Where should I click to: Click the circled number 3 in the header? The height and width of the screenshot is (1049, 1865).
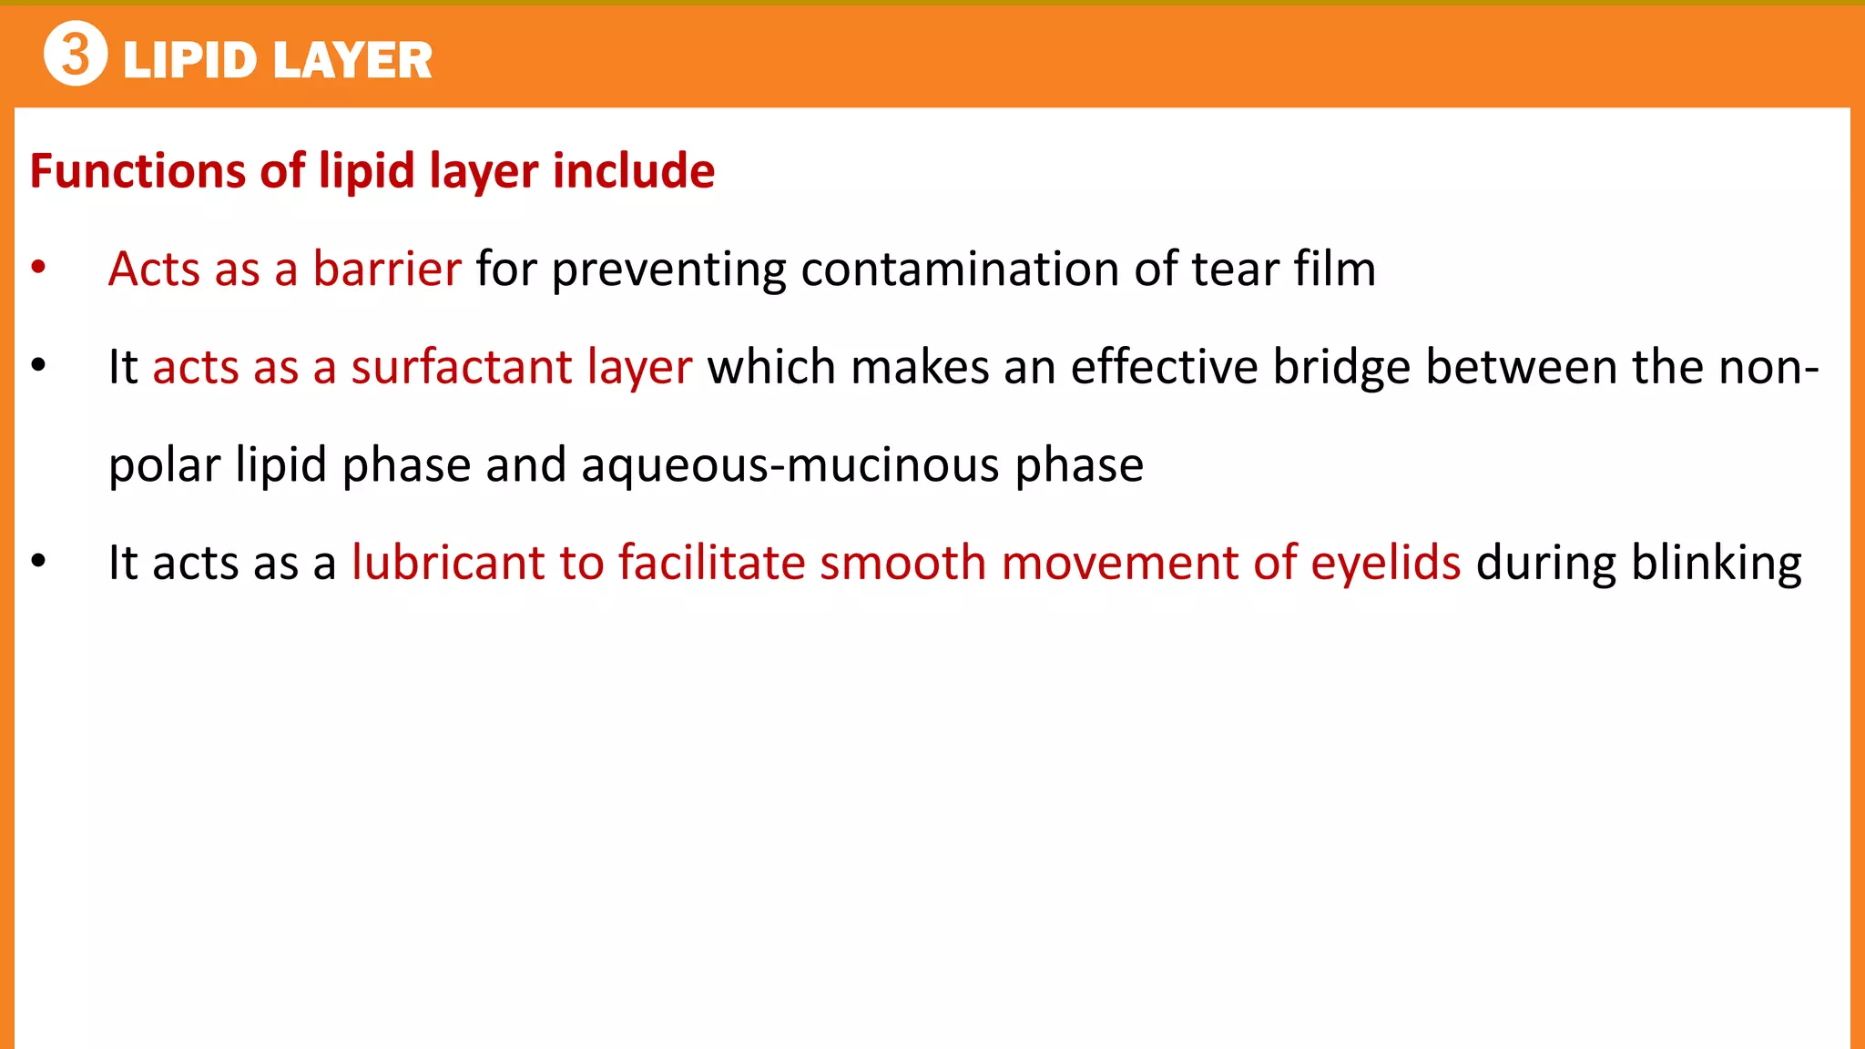click(x=76, y=54)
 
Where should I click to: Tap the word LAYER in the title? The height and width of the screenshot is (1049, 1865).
click(x=352, y=61)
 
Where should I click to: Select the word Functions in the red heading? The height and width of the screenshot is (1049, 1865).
click(x=137, y=171)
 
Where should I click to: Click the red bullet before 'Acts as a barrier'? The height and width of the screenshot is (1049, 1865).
click(x=38, y=269)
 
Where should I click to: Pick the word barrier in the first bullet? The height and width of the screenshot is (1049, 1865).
click(x=387, y=270)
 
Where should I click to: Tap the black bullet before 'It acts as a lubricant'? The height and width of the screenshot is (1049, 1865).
click(x=38, y=562)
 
